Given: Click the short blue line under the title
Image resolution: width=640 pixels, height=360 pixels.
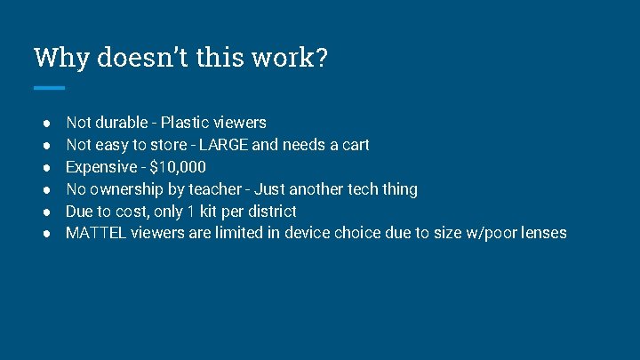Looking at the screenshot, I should pos(49,88).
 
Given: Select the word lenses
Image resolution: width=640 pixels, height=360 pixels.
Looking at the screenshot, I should pos(540,234).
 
